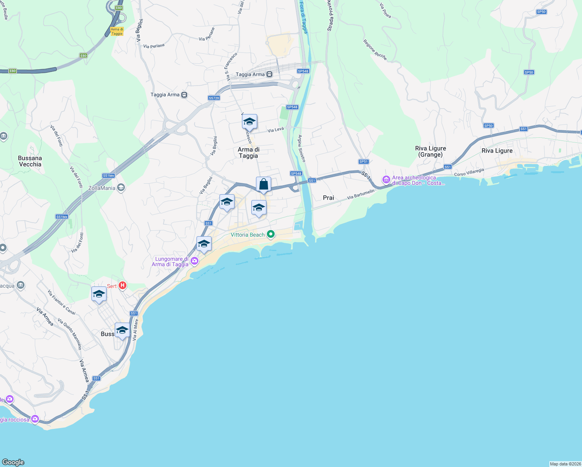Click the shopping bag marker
pyautogui.click(x=263, y=184)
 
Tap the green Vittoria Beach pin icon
pyautogui.click(x=271, y=234)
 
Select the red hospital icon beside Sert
pyautogui.click(x=123, y=286)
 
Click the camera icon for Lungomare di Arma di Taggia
pyautogui.click(x=194, y=261)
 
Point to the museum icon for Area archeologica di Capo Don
pyautogui.click(x=386, y=179)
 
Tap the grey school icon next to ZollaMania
pyautogui.click(x=121, y=188)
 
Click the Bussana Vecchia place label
pyautogui.click(x=30, y=161)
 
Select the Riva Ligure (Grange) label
pyautogui.click(x=430, y=151)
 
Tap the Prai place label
pyautogui.click(x=328, y=198)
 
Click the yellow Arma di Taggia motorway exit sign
pyautogui.click(x=117, y=32)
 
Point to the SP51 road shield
pyautogui.click(x=363, y=162)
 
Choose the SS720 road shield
pyautogui.click(x=214, y=98)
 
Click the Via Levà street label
pyautogui.click(x=275, y=130)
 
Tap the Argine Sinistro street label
pyautogui.click(x=302, y=148)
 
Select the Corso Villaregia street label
pyautogui.click(x=469, y=172)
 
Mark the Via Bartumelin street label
pyautogui.click(x=361, y=194)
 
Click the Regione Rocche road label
pyautogui.click(x=375, y=50)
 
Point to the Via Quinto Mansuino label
pyautogui.click(x=70, y=334)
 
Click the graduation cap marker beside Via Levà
pyautogui.click(x=249, y=122)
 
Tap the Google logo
pyautogui.click(x=13, y=462)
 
